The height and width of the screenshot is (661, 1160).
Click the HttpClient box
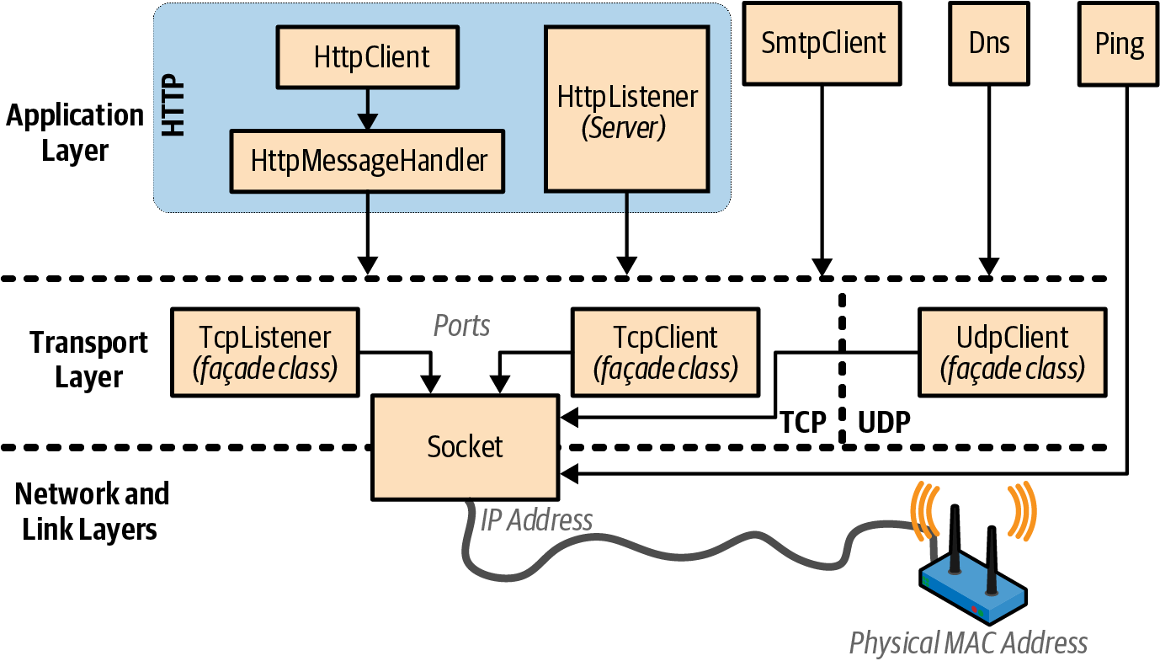[x=367, y=57]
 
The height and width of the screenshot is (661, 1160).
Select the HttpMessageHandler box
[x=367, y=160]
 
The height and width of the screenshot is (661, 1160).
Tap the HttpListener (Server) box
[x=626, y=109]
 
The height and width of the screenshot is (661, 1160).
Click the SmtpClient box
[x=822, y=43]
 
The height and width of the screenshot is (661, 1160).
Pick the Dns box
[x=989, y=43]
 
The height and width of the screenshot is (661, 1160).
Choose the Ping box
[x=1119, y=44]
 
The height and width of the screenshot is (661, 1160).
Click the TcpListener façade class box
[x=265, y=352]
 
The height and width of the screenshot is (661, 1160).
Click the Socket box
[x=465, y=446]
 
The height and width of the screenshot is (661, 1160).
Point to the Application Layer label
[x=75, y=133]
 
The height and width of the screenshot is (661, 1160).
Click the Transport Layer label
[x=88, y=360]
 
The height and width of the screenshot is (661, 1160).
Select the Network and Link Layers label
[x=91, y=511]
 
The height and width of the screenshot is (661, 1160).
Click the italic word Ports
[x=461, y=325]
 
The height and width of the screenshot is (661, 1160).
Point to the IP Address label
[x=536, y=520]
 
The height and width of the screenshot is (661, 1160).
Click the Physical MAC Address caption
[x=968, y=643]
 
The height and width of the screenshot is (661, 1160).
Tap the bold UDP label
[x=884, y=422]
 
